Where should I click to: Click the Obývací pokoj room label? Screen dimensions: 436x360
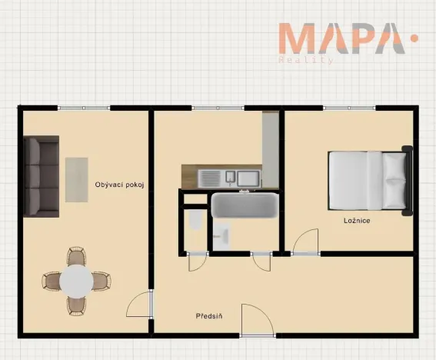click(119, 185)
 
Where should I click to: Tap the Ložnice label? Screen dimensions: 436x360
click(357, 221)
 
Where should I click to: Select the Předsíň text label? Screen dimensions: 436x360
click(209, 316)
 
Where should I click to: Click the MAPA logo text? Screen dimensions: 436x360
click(342, 38)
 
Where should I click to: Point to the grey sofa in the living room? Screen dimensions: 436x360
click(42, 176)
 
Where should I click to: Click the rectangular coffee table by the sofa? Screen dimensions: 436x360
click(77, 180)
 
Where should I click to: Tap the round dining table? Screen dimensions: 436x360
click(76, 281)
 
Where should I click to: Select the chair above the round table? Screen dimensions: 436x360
click(76, 255)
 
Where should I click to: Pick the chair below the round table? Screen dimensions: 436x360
click(76, 306)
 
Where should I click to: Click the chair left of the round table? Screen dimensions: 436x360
click(52, 282)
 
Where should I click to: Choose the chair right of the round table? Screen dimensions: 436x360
click(102, 282)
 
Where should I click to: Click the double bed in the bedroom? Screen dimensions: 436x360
click(371, 181)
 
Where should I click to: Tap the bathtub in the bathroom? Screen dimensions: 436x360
click(245, 205)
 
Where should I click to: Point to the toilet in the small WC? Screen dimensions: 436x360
click(195, 220)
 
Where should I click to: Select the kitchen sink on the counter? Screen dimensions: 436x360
click(230, 178)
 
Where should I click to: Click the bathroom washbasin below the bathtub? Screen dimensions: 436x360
click(221, 236)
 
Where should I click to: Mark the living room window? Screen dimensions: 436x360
click(84, 108)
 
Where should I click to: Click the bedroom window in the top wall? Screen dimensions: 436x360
click(349, 108)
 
